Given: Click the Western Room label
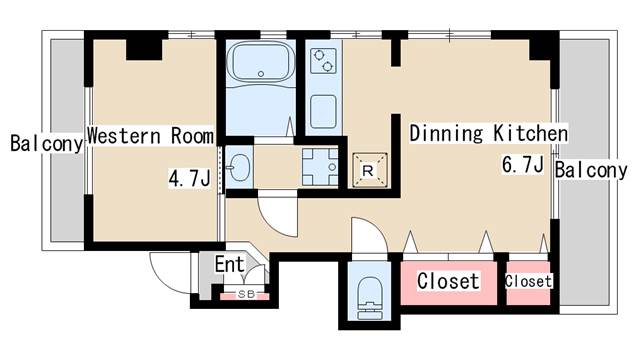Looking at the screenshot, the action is pos(151,136).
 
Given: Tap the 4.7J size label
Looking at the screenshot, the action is pos(190,178).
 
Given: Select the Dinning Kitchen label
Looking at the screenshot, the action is pos(489,133).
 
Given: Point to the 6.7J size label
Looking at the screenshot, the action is pos(523,165).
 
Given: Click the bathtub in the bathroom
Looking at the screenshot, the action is pos(260,61).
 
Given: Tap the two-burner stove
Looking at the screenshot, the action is pos(323,61).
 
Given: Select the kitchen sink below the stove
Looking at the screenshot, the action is pos(323,111).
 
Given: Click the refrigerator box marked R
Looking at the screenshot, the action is pos(369,170).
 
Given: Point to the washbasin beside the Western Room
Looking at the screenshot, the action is pos(239,167).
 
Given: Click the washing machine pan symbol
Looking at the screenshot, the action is pos(320,167).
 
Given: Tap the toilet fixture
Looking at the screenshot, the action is pos(369,298).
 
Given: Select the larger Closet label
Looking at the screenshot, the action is pos(448,281).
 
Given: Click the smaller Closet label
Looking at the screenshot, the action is pos(528,281).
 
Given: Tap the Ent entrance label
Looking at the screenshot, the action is pos(230,264).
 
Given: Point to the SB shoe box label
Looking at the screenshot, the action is pos(246,294).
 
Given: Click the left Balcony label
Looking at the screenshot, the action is pos(47,143).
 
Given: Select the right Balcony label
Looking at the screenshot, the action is pos(591,170).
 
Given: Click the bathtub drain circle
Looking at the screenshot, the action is pos(261,74).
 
